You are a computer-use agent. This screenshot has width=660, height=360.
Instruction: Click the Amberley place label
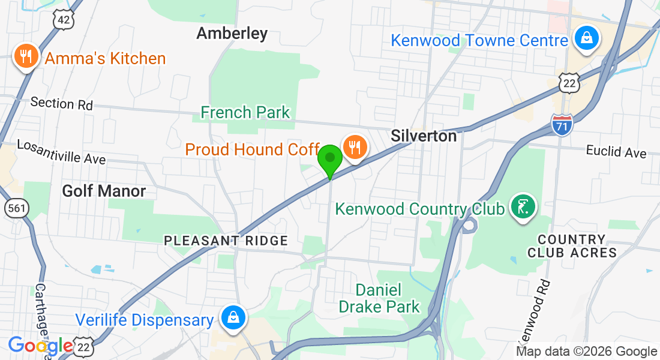(x=232, y=34)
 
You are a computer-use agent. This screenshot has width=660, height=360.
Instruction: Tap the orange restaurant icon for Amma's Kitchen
(x=25, y=57)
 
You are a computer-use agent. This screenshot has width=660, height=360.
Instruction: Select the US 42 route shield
(x=62, y=20)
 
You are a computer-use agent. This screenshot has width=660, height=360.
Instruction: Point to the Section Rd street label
(x=61, y=103)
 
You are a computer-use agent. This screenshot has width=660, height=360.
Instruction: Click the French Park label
(x=245, y=112)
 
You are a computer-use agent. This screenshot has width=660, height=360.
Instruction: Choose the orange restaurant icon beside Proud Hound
(x=355, y=146)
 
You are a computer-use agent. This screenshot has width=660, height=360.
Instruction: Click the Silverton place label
(x=424, y=136)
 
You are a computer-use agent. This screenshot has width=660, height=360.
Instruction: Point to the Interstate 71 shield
(x=562, y=124)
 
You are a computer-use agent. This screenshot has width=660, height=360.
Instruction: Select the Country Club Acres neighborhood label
(x=572, y=246)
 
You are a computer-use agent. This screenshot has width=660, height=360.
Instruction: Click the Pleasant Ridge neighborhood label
(x=226, y=241)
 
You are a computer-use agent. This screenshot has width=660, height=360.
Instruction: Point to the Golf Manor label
(x=104, y=191)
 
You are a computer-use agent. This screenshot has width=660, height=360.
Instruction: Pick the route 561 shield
(x=14, y=209)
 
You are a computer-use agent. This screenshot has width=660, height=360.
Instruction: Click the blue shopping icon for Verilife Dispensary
(x=232, y=318)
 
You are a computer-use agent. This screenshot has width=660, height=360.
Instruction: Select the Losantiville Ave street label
(x=61, y=152)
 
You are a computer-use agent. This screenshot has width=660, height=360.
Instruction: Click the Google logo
(x=40, y=346)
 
